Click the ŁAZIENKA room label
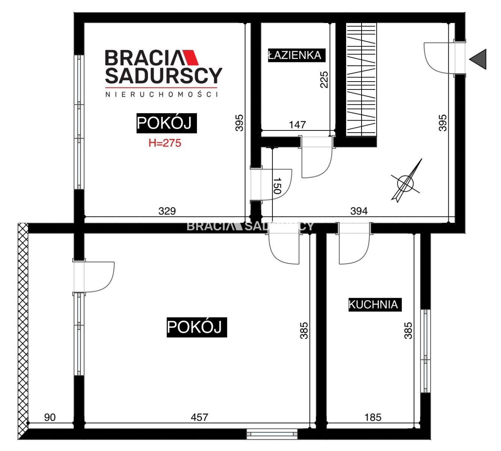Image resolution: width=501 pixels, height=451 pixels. (x=297, y=55)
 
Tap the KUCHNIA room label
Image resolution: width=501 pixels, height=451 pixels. (x=375, y=304)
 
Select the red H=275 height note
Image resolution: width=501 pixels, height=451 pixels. (x=165, y=143)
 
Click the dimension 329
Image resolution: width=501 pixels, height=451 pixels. (x=167, y=211)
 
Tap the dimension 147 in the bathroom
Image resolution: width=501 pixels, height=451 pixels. (x=297, y=125)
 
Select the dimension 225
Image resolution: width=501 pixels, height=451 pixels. (x=324, y=80)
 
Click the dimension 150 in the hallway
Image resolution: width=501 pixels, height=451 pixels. (x=277, y=186)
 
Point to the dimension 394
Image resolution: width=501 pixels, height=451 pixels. (x=359, y=211)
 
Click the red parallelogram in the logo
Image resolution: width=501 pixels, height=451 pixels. (x=190, y=58)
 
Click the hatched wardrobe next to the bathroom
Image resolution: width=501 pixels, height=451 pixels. (x=361, y=80)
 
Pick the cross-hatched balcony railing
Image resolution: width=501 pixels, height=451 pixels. (x=23, y=331)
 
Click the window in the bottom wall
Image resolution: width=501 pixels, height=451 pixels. (x=272, y=434)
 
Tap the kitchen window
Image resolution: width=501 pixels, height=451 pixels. (x=425, y=351)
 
